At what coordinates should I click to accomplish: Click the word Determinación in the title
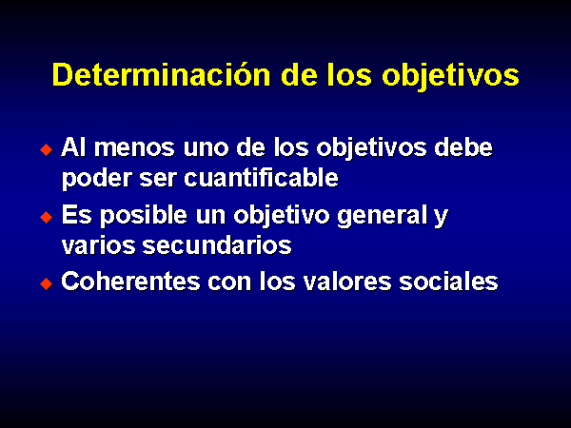coord(162,74)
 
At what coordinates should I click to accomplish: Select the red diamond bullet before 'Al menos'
coord(47,149)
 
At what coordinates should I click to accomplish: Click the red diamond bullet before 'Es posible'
coord(47,217)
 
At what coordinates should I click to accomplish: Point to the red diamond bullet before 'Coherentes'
coord(47,283)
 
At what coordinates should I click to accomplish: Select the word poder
coord(96,179)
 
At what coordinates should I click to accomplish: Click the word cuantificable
coord(261,177)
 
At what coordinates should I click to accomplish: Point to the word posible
coord(144,216)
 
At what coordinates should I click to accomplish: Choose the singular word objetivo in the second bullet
coord(284,216)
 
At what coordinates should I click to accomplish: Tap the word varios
coord(98,245)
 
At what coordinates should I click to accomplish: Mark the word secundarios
coord(217,244)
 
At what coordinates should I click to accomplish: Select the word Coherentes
coord(130,282)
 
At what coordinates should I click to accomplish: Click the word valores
coord(347,282)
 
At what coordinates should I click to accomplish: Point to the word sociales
coord(448,282)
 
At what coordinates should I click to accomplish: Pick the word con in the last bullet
coord(229,283)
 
